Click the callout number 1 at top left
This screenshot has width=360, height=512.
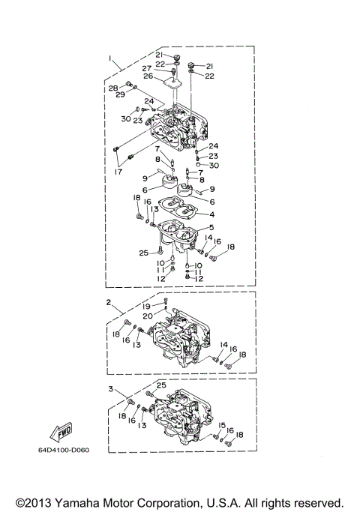109,58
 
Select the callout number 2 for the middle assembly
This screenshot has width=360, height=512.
109,303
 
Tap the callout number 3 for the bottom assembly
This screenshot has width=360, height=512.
109,389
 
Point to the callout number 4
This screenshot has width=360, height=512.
211,214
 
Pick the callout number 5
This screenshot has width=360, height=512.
211,227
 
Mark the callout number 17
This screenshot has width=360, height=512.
116,172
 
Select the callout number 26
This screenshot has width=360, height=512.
148,76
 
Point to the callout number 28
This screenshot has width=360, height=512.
112,88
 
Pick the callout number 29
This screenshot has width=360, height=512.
120,96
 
